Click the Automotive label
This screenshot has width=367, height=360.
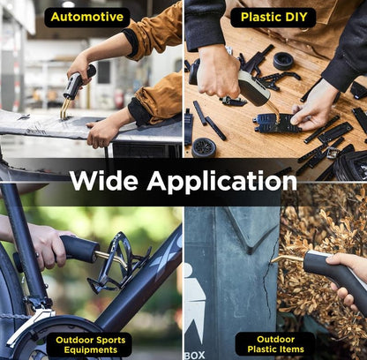[x=87, y=17]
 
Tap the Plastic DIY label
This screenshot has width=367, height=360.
[x=273, y=17]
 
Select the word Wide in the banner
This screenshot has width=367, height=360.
[x=104, y=180]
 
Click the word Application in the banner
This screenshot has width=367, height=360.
[x=222, y=181]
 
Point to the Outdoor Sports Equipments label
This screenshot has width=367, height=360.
[x=90, y=345]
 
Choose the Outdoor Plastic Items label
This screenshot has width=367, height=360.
[x=275, y=344]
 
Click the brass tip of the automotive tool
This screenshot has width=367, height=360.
[x=64, y=109]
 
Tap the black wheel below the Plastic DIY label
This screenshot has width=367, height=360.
[x=283, y=61]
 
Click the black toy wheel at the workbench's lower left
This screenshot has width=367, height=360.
[x=204, y=147]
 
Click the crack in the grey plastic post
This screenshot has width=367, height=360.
[x=269, y=280]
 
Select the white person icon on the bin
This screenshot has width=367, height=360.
[x=194, y=300]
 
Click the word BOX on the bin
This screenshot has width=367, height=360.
[x=195, y=355]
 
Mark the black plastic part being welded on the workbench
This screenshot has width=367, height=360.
[x=276, y=123]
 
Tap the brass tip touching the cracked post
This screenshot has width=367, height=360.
[x=287, y=259]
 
